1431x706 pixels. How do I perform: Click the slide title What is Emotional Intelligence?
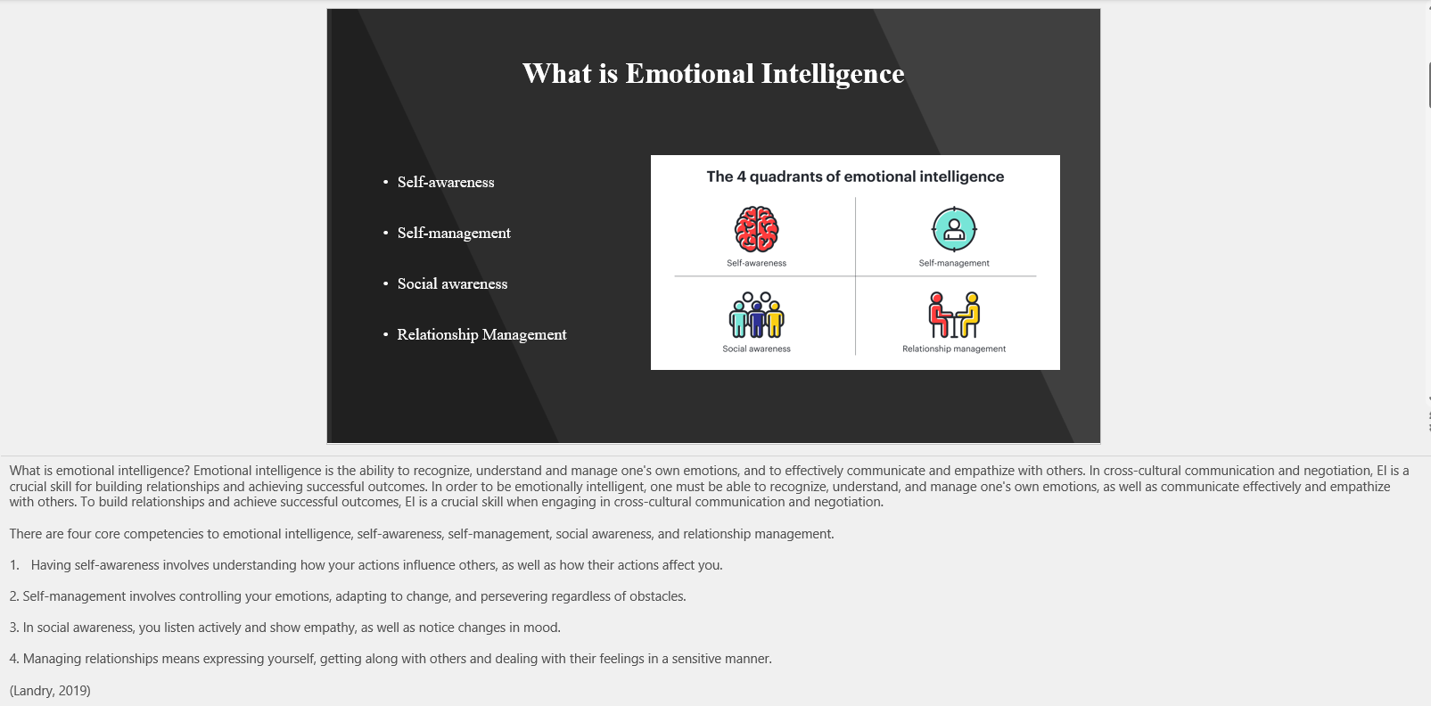click(x=713, y=73)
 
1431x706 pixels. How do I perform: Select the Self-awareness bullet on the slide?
click(x=445, y=182)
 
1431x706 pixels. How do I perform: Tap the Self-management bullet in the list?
click(x=454, y=233)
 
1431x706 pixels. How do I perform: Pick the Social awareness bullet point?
click(x=452, y=283)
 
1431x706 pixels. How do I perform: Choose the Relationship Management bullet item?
click(x=481, y=334)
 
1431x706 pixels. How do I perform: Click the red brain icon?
click(x=756, y=229)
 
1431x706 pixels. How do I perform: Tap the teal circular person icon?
click(x=954, y=229)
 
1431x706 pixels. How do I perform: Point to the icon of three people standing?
click(x=756, y=315)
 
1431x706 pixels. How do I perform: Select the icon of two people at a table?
click(x=954, y=315)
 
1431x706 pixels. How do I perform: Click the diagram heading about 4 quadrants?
click(x=855, y=176)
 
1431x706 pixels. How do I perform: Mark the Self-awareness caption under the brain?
click(x=756, y=263)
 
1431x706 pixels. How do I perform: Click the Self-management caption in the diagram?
click(x=954, y=263)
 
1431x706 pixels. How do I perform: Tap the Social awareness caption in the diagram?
click(x=756, y=349)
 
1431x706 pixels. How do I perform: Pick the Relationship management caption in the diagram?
click(x=954, y=349)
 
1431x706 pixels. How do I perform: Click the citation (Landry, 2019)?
click(x=50, y=690)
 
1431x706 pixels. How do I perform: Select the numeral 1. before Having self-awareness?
click(x=14, y=565)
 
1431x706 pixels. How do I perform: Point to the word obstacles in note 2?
click(x=657, y=596)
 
